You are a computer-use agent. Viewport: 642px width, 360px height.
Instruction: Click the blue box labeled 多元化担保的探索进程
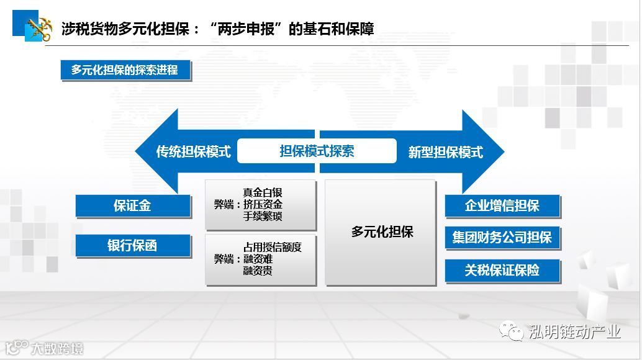(x=125, y=70)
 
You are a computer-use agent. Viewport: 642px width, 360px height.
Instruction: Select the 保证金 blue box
(x=132, y=206)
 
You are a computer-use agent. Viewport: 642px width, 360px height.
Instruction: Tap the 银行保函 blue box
(x=132, y=246)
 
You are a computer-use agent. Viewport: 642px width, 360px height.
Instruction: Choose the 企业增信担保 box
(x=502, y=206)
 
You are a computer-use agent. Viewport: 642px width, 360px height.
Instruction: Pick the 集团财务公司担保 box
(x=502, y=238)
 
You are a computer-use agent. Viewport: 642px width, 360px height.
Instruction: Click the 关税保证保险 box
(x=502, y=270)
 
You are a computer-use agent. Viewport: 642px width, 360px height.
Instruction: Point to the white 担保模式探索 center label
(x=317, y=151)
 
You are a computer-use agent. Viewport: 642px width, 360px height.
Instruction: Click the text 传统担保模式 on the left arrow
(x=193, y=151)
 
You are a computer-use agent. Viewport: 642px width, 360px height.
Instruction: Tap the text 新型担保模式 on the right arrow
(x=445, y=152)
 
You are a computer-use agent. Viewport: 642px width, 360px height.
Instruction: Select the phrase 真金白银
(x=263, y=192)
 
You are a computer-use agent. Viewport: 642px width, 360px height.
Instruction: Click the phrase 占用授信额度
(x=273, y=247)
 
